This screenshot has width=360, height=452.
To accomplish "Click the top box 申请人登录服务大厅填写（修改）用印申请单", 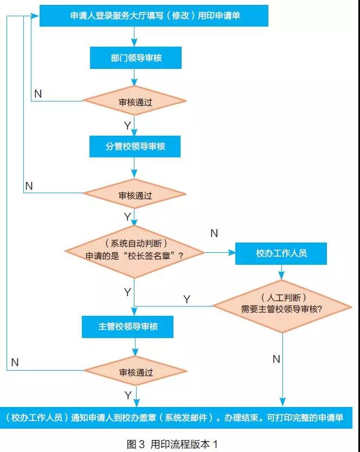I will (x=155, y=16).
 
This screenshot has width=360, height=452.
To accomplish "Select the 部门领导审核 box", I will (x=134, y=58).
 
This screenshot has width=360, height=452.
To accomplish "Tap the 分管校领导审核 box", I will (x=134, y=147).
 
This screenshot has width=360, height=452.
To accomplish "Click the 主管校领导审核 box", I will (x=128, y=327).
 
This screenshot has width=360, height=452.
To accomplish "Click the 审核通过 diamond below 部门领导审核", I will (x=134, y=101).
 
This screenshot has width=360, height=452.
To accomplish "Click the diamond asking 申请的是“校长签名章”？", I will (x=134, y=252).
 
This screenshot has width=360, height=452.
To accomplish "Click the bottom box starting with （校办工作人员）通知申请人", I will (x=180, y=419).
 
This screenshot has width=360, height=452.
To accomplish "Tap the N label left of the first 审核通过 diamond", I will (x=37, y=93).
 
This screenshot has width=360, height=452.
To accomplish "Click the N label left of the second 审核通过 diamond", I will (x=29, y=186).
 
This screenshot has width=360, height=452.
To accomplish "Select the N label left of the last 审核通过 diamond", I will (x=15, y=362).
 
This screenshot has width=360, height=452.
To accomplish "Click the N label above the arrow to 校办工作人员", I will (x=214, y=233).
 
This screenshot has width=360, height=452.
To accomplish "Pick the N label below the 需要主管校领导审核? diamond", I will (x=276, y=359).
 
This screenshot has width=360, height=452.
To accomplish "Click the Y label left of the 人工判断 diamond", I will (x=187, y=299).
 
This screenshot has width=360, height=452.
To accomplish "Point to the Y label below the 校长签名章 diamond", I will (x=127, y=292).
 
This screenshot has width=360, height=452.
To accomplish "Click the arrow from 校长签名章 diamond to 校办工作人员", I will (x=219, y=252).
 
